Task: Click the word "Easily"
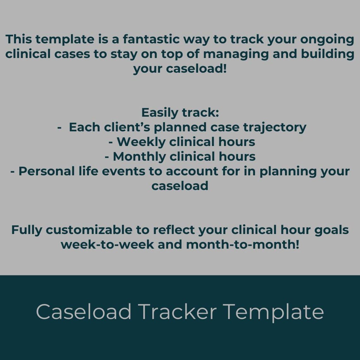click(x=160, y=113)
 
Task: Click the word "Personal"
click(x=46, y=171)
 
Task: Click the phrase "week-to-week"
click(x=107, y=244)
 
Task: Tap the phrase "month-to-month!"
click(x=243, y=244)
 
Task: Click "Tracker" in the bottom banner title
click(x=177, y=311)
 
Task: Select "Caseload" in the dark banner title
click(x=84, y=311)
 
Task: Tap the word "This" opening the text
click(x=18, y=39)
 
